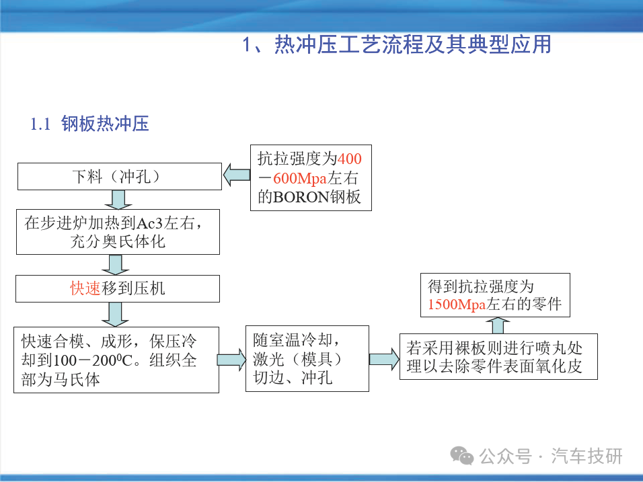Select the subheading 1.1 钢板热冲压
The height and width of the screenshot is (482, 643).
coord(90,124)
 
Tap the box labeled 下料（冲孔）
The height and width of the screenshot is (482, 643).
coord(119,176)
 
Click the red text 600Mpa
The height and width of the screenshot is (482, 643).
coord(300,178)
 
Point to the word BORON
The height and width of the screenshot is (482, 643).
coord(301,197)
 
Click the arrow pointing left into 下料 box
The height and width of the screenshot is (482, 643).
coord(237,175)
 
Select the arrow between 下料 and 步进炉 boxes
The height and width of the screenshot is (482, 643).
coord(118,200)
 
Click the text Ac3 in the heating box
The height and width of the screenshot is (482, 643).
coord(149,223)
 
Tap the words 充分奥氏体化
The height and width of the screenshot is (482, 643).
coord(118,241)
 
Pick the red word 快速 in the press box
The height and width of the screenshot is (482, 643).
coord(85,288)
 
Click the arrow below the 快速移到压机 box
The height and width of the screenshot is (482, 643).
coord(115,315)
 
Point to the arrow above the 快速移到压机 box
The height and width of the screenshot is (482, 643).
coord(116,265)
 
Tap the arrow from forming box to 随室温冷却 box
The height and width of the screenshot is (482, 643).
coord(231,360)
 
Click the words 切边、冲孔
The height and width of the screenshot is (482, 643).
coord(293,378)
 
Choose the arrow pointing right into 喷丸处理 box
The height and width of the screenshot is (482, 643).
coord(384,359)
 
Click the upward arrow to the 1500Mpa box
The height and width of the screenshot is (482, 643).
coord(498,325)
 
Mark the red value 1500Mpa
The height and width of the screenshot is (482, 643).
coord(457,304)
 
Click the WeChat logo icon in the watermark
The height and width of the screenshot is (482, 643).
coord(462,455)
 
